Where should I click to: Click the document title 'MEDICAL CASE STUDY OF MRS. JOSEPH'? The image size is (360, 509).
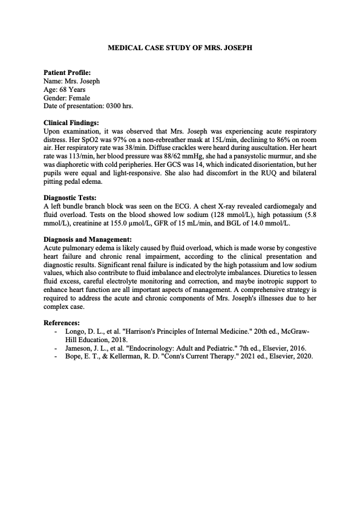pyautogui.click(x=180, y=47)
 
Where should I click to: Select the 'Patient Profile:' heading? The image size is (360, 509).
pyautogui.click(x=67, y=72)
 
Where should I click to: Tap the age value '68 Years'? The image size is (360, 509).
pyautogui.click(x=72, y=89)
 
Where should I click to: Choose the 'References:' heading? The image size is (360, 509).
pyautogui.click(x=62, y=323)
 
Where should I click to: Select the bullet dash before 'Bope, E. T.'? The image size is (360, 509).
pyautogui.click(x=56, y=356)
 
